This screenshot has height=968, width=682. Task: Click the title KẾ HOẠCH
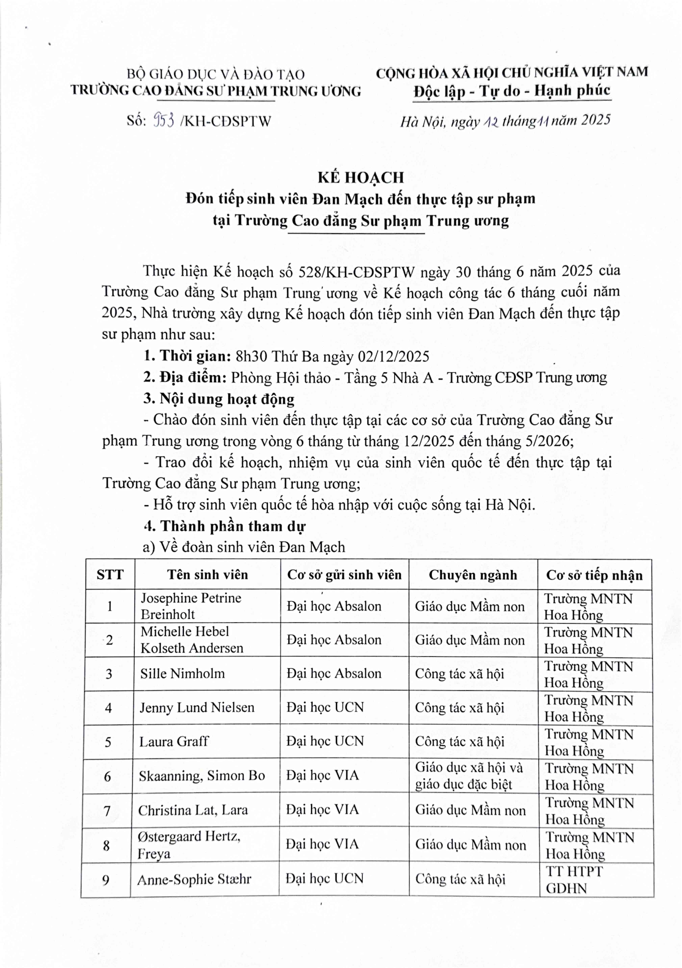[361, 177]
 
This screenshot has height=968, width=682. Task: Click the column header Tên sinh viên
[207, 575]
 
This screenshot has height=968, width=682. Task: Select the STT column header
[110, 575]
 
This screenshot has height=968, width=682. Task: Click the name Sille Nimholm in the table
[183, 673]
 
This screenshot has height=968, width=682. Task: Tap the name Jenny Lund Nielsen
[197, 707]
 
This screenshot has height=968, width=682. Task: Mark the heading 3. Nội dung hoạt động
[219, 398]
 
